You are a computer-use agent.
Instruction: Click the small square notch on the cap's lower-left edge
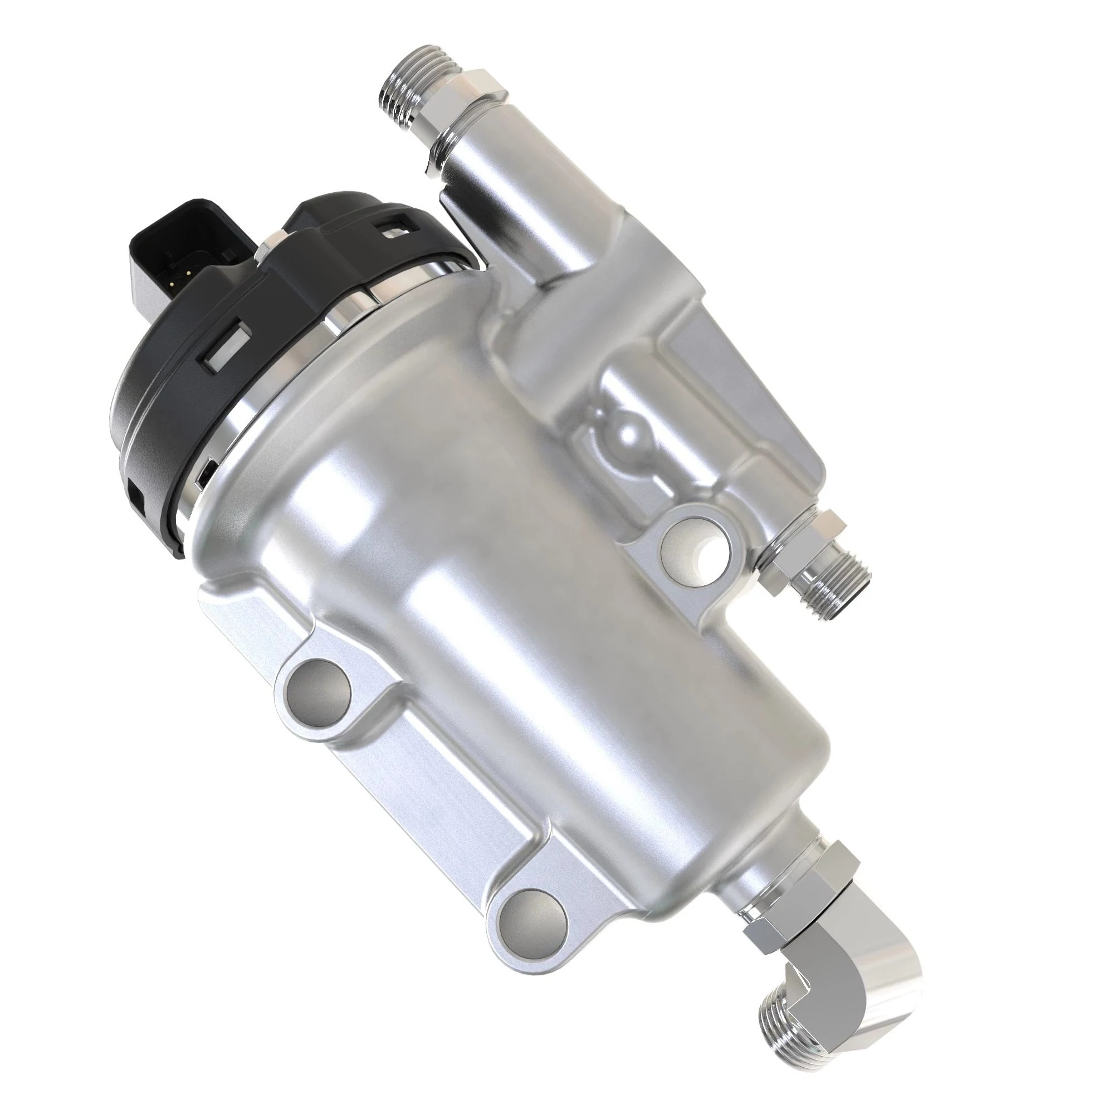[x=136, y=496]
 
